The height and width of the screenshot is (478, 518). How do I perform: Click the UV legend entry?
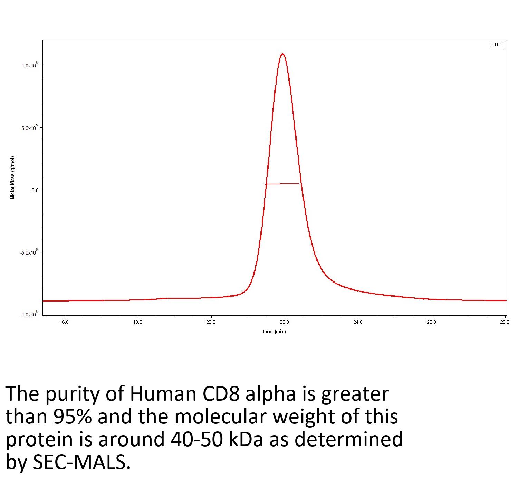[x=497, y=45]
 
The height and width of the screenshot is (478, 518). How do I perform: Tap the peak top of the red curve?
[x=283, y=54]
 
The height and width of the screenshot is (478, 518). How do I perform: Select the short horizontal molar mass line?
[x=282, y=184]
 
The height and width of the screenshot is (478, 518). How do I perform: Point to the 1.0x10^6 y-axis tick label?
[x=29, y=65]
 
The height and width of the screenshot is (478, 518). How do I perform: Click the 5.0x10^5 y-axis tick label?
[x=29, y=128]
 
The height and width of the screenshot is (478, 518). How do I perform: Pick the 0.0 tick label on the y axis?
[x=35, y=190]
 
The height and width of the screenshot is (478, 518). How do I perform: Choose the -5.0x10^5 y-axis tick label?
[x=29, y=252]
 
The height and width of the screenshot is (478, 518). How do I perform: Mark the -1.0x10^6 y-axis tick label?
[x=29, y=314]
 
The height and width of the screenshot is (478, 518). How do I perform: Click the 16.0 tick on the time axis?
[x=64, y=322]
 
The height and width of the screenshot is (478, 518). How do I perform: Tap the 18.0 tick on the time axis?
[x=137, y=322]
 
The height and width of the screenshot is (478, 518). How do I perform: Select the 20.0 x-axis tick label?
[x=211, y=322]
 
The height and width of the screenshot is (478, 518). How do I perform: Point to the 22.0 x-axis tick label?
[x=285, y=322]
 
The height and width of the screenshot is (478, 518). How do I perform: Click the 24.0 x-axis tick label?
[x=358, y=322]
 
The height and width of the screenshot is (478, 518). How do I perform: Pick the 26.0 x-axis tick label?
[x=431, y=322]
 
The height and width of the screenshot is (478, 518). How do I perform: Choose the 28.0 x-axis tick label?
[x=505, y=322]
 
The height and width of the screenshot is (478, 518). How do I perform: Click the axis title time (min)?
[x=274, y=332]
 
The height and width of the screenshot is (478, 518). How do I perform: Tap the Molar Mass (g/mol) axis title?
[x=13, y=178]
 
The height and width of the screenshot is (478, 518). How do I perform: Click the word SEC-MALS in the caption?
[x=81, y=462]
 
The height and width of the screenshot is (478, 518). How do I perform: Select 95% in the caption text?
[x=73, y=417]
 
